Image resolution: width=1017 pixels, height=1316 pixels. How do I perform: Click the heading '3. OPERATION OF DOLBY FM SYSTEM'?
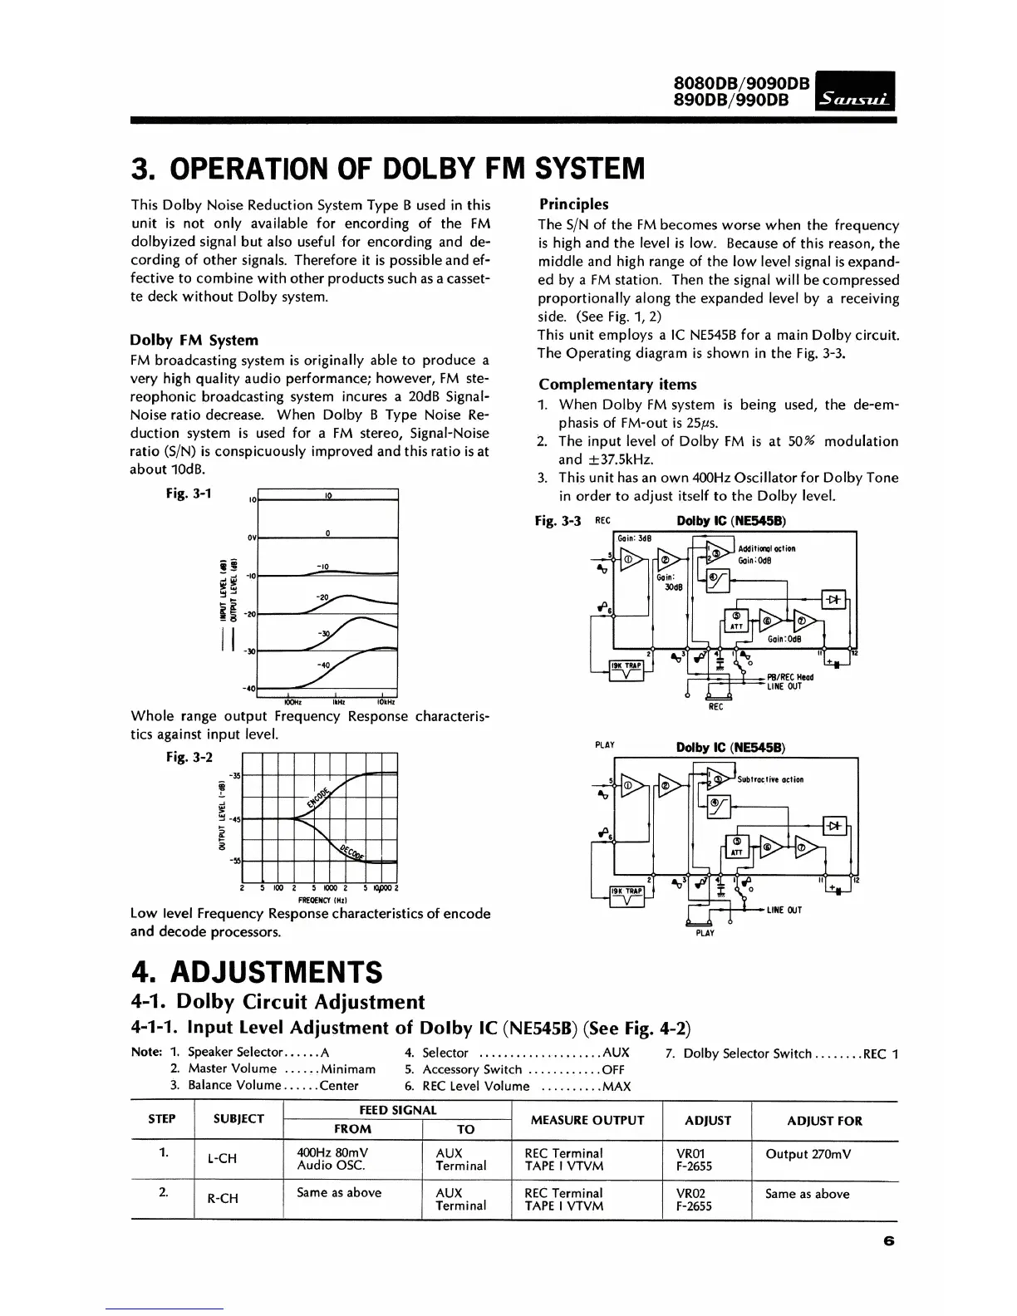tap(388, 168)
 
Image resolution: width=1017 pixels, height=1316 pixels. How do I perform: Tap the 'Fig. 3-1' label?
tap(189, 493)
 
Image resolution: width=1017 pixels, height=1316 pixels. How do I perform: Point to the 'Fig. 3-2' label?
tap(189, 757)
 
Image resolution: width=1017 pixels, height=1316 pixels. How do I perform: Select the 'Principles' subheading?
tap(573, 204)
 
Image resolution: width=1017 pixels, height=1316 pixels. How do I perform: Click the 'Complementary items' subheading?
tap(617, 384)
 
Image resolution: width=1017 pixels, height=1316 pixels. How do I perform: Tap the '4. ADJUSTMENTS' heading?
tap(258, 970)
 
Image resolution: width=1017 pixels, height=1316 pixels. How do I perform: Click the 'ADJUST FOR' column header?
tap(825, 1121)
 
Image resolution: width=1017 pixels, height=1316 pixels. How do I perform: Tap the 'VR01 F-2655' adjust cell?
tap(689, 1159)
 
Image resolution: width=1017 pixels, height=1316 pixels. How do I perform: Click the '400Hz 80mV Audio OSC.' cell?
tap(333, 1159)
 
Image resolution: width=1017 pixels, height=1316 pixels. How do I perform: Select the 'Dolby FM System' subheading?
tap(194, 340)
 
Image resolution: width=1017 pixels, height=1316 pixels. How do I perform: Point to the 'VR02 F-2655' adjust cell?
tap(689, 1199)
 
